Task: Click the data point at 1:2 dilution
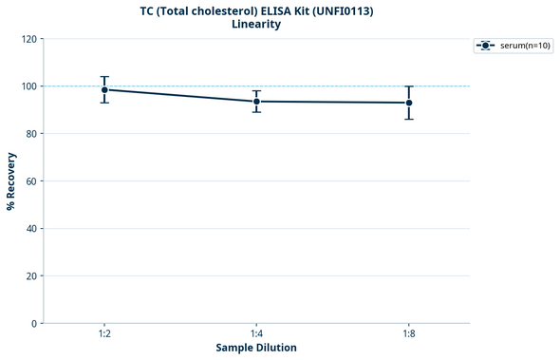pyautogui.click(x=104, y=89)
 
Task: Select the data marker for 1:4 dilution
pyautogui.click(x=256, y=102)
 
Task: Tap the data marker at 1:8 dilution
pyautogui.click(x=409, y=103)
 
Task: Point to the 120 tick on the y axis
pyautogui.click(x=30, y=39)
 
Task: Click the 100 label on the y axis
pyautogui.click(x=30, y=86)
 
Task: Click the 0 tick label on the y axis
pyautogui.click(x=35, y=324)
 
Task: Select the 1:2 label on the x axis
pyautogui.click(x=104, y=334)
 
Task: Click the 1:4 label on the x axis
pyautogui.click(x=256, y=334)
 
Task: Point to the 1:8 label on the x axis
pyautogui.click(x=409, y=334)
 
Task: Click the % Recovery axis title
pyautogui.click(x=11, y=180)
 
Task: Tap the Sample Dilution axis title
pyautogui.click(x=256, y=348)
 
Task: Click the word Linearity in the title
pyautogui.click(x=256, y=24)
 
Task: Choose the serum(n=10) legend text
pyautogui.click(x=525, y=45)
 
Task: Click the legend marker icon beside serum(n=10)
pyautogui.click(x=486, y=45)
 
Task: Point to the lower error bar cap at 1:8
pyautogui.click(x=409, y=119)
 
